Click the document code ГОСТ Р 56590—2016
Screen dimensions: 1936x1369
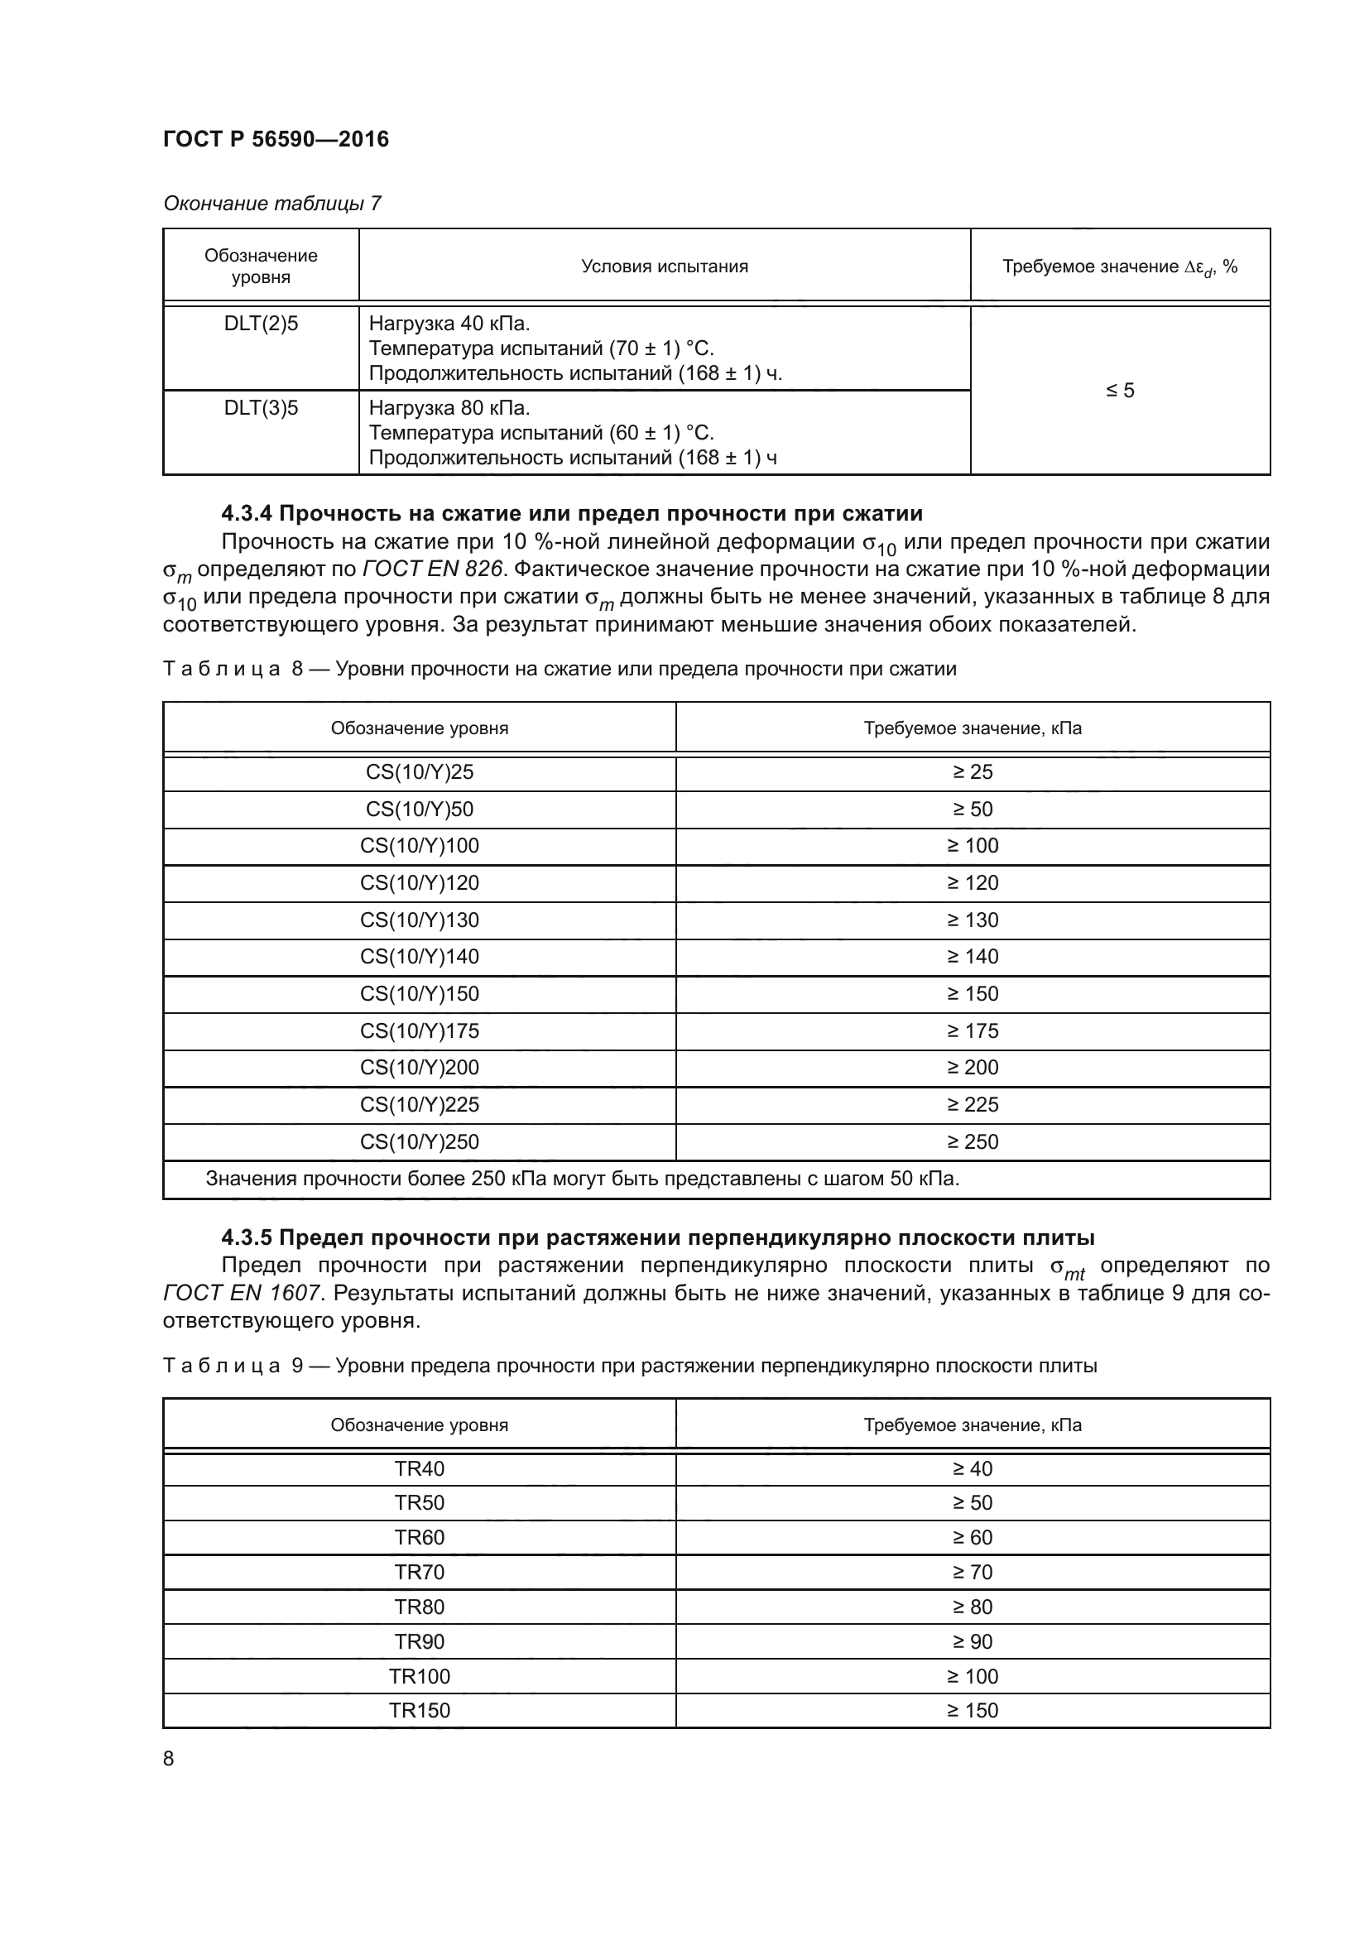pyautogui.click(x=276, y=139)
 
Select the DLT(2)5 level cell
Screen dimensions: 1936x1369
pyautogui.click(x=261, y=324)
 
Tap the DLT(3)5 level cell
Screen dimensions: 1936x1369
pyautogui.click(x=261, y=408)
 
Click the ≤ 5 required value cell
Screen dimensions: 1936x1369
pyautogui.click(x=1120, y=391)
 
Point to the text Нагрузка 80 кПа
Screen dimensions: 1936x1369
pyautogui.click(x=449, y=408)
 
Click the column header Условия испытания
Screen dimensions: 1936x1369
pyautogui.click(x=665, y=267)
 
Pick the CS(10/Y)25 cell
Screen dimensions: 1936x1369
pyautogui.click(x=419, y=771)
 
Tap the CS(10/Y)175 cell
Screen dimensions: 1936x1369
pyautogui.click(x=419, y=1030)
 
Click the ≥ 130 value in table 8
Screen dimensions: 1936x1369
pyautogui.click(x=972, y=920)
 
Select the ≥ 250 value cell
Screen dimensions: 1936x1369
pyautogui.click(x=972, y=1141)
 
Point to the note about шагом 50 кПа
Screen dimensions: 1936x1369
pyautogui.click(x=582, y=1179)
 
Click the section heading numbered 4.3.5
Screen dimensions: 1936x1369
pyautogui.click(x=657, y=1237)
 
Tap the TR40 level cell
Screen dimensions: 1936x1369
pyautogui.click(x=419, y=1469)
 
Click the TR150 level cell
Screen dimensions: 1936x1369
pyautogui.click(x=419, y=1711)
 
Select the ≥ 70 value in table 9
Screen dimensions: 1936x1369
pyautogui.click(x=972, y=1573)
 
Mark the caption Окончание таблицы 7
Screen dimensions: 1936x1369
pyautogui.click(x=271, y=204)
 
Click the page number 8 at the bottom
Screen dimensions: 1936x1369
pyautogui.click(x=169, y=1759)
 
